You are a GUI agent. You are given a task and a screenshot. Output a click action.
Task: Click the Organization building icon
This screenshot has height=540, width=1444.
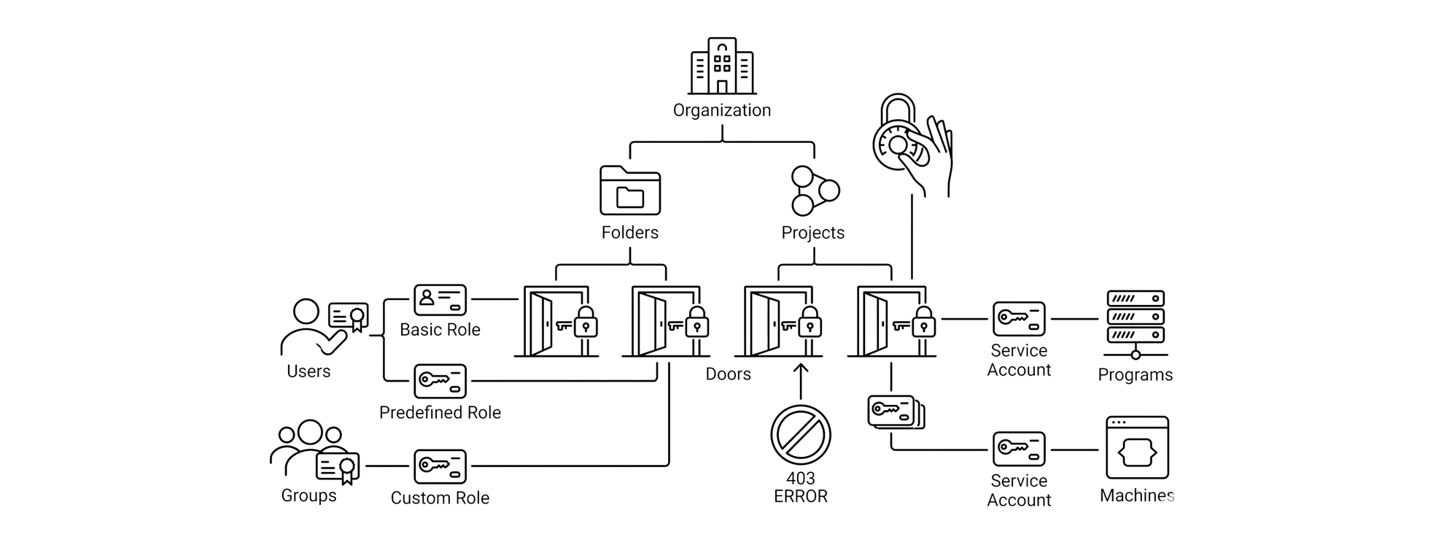[722, 66]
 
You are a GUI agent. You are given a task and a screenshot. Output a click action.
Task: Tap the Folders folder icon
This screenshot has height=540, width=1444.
[630, 190]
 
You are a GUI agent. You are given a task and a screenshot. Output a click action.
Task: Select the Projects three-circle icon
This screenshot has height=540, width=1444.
[815, 190]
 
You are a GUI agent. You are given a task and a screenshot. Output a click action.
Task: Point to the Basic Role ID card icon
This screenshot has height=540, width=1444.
[440, 300]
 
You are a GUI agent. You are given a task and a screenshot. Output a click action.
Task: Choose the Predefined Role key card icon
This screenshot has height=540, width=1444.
[440, 381]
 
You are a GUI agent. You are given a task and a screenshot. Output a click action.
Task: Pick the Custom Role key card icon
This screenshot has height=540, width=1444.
[440, 467]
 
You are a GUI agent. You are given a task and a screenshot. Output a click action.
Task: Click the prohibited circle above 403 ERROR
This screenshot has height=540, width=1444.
[801, 435]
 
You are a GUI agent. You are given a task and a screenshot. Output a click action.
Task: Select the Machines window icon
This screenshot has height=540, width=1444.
[1137, 447]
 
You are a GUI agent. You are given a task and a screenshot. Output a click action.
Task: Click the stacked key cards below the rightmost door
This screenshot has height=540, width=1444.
[896, 412]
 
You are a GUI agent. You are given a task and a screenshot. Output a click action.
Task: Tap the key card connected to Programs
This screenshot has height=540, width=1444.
[1019, 319]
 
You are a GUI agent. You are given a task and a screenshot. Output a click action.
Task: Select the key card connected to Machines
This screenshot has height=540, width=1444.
[1019, 449]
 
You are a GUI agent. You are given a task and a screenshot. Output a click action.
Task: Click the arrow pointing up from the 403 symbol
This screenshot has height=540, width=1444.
[801, 381]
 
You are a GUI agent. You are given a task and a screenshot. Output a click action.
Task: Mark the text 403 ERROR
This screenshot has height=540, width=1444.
[801, 487]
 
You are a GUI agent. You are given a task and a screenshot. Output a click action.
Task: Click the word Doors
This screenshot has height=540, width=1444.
[728, 374]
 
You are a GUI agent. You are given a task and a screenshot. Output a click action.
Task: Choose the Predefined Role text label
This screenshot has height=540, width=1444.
[440, 412]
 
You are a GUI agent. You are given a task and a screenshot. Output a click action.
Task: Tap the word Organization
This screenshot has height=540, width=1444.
[722, 110]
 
